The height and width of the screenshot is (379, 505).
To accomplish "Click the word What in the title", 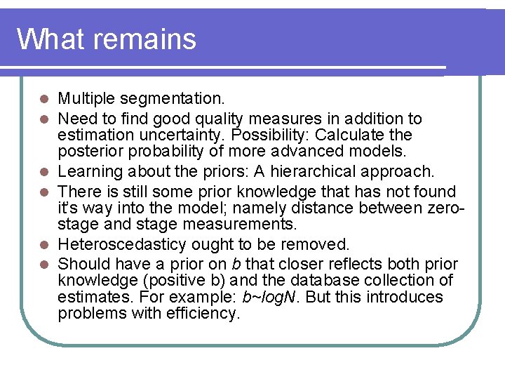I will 49,39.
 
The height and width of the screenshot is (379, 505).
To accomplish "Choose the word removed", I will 320,244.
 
